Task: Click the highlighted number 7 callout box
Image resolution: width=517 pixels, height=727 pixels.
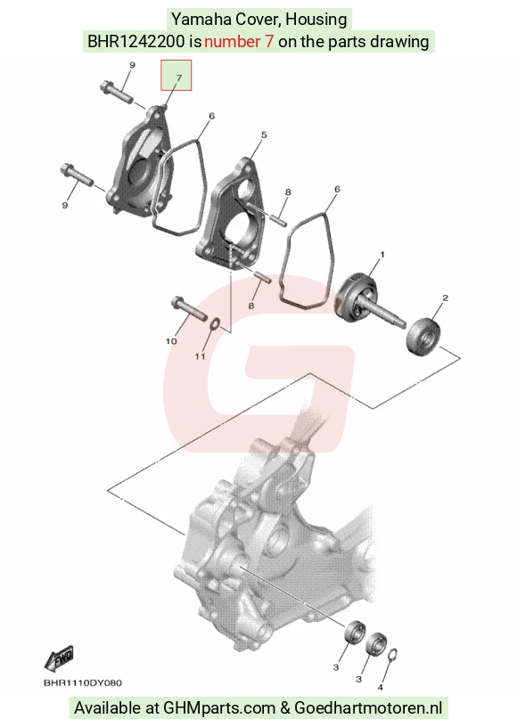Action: tap(176, 75)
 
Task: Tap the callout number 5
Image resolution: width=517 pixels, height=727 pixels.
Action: tap(264, 135)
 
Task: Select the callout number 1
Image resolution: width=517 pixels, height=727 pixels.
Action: tap(382, 255)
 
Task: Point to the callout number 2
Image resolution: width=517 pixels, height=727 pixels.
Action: tap(445, 298)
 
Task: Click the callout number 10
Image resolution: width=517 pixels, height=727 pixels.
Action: tap(171, 341)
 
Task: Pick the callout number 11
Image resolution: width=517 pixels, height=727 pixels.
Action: tap(200, 356)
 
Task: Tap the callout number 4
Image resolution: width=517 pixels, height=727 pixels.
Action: tap(381, 687)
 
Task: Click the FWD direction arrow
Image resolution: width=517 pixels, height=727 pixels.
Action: tap(60, 658)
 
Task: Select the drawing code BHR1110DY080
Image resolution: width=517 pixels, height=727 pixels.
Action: tap(83, 683)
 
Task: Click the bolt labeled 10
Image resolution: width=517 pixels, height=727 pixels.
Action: tap(189, 308)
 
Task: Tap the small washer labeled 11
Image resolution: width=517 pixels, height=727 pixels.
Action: tap(216, 324)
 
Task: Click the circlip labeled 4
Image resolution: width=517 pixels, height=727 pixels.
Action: tap(392, 657)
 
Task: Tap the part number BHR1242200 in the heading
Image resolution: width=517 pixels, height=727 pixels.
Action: tap(135, 42)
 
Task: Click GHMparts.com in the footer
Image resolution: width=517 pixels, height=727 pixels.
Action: tap(219, 708)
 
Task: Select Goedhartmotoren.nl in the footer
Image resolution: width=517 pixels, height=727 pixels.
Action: tap(368, 708)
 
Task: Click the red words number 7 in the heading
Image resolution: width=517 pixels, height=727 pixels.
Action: tap(239, 42)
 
